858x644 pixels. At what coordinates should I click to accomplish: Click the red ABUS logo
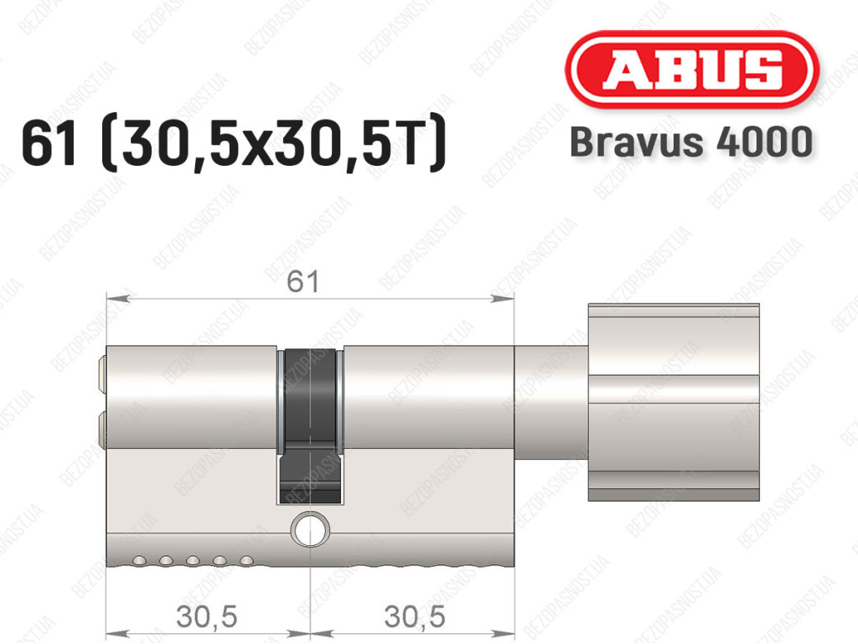[691, 70]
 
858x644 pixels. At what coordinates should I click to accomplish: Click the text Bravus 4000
[691, 142]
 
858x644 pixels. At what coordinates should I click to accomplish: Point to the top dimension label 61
[302, 281]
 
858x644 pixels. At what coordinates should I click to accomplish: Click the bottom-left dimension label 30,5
[207, 616]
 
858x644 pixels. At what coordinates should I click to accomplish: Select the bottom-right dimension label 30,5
[415, 616]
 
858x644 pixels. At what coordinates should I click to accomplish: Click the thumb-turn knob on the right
[674, 402]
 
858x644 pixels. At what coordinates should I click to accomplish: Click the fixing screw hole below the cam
[310, 529]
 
